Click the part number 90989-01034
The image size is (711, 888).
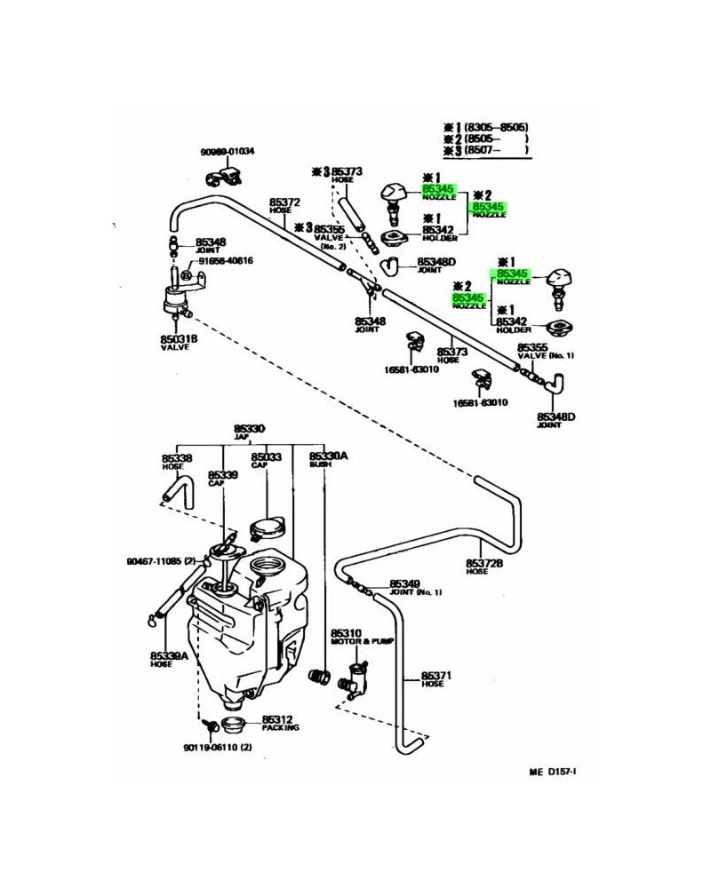(228, 152)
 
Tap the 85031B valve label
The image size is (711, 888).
(179, 343)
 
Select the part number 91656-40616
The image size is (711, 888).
(226, 261)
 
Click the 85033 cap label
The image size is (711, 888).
(267, 461)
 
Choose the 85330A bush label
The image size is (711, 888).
(328, 459)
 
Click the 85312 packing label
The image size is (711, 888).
(279, 723)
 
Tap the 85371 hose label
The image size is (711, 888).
(436, 679)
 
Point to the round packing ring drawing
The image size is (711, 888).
(233, 722)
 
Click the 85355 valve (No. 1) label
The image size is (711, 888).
(533, 352)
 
